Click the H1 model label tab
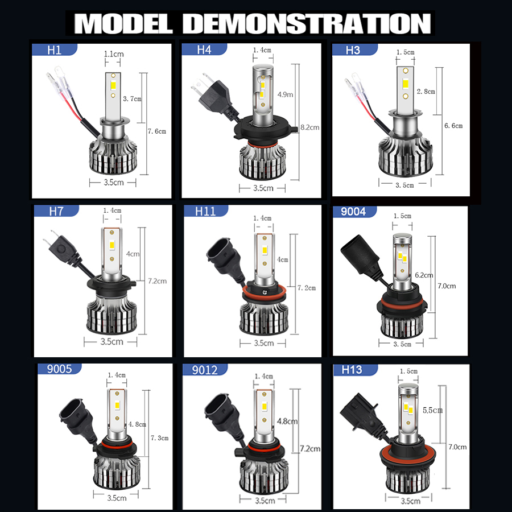(55, 49)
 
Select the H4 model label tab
(204, 49)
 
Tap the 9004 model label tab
(354, 211)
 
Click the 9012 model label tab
(205, 370)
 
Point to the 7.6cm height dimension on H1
(157, 131)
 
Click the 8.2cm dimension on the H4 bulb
(310, 127)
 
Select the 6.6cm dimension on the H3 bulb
(453, 126)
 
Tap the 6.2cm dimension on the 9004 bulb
(424, 275)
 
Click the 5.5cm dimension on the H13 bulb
(433, 410)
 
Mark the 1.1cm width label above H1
(114, 54)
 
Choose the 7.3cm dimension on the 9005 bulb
(160, 438)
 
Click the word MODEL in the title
(123, 23)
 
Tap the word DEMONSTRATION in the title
(307, 23)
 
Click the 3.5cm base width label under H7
(112, 341)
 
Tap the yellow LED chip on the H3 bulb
(405, 84)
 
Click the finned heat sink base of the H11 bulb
(264, 319)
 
